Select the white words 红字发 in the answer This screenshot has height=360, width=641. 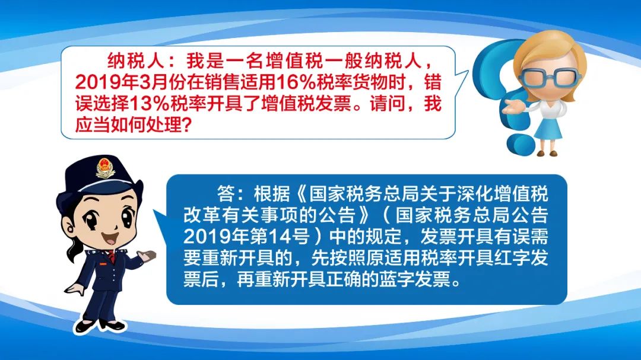(522, 257)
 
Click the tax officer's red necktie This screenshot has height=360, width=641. (111, 257)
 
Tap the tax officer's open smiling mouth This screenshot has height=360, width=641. (110, 238)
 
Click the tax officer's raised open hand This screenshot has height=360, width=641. (147, 256)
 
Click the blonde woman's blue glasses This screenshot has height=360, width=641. (551, 77)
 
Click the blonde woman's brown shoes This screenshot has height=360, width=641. (547, 153)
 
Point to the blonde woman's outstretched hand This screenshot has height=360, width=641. (511, 107)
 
